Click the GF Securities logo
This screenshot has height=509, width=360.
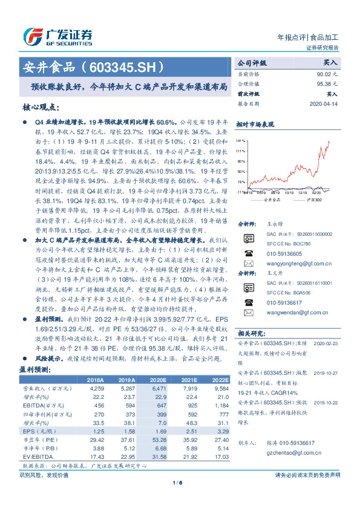(57, 36)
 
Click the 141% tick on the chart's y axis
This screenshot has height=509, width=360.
(240, 139)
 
